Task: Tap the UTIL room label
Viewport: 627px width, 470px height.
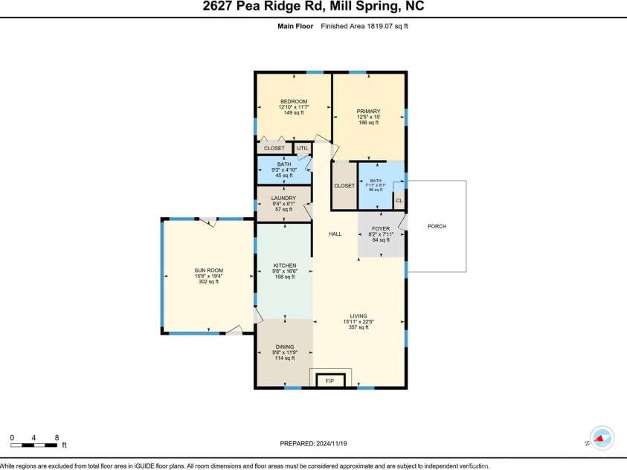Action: (x=302, y=148)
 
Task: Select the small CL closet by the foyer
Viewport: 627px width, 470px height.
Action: (x=399, y=201)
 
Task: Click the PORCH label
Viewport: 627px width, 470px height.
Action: (x=437, y=226)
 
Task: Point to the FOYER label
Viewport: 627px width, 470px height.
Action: (x=381, y=229)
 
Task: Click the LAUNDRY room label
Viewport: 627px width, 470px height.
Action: (x=283, y=198)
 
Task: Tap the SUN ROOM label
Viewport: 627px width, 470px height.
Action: (x=209, y=270)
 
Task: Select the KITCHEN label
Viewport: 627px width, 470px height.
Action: (x=285, y=265)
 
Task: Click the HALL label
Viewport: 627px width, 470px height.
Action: (x=335, y=234)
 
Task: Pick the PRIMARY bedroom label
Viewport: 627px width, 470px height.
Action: (x=368, y=111)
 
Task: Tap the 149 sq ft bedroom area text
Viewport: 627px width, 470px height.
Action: (x=294, y=113)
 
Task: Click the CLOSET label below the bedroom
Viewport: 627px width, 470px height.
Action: (x=274, y=148)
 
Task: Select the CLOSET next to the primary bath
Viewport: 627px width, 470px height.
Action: (x=344, y=186)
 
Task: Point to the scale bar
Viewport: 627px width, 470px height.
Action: (x=35, y=445)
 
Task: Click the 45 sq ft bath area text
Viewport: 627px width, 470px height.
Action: (x=283, y=176)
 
